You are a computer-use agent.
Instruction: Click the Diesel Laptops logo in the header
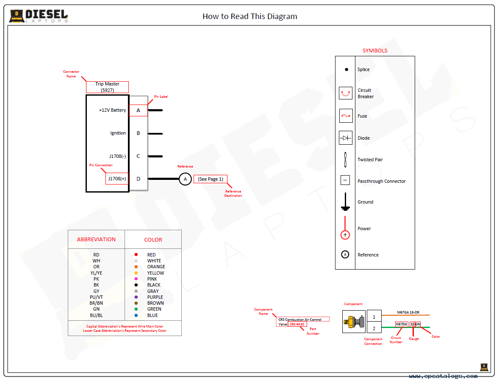pyautogui.click(x=39, y=16)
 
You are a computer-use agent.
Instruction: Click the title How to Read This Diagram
pyautogui.click(x=250, y=16)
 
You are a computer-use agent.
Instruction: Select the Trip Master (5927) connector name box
pyautogui.click(x=107, y=87)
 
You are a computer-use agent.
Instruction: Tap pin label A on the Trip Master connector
pyautogui.click(x=138, y=110)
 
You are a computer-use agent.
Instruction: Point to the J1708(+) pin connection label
pyautogui.click(x=117, y=179)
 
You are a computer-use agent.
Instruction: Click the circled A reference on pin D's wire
pyautogui.click(x=185, y=179)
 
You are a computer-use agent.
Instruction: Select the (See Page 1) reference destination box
pyautogui.click(x=211, y=179)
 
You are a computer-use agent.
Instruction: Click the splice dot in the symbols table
pyautogui.click(x=346, y=69)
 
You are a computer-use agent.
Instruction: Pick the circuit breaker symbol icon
pyautogui.click(x=346, y=93)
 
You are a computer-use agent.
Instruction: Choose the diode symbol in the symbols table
pyautogui.click(x=346, y=138)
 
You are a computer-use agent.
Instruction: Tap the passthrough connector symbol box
pyautogui.click(x=345, y=180)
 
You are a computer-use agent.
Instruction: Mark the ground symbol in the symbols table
pyautogui.click(x=345, y=202)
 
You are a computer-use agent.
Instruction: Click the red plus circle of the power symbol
pyautogui.click(x=345, y=235)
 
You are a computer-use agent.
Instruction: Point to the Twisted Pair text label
pyautogui.click(x=370, y=160)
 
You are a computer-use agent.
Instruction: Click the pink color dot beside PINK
pyautogui.click(x=136, y=279)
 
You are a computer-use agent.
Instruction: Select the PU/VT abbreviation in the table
pyautogui.click(x=96, y=297)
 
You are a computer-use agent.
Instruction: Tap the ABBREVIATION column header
pyautogui.click(x=96, y=240)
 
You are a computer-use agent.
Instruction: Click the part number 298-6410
pyautogui.click(x=297, y=324)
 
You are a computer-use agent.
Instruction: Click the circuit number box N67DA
pyautogui.click(x=402, y=324)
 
